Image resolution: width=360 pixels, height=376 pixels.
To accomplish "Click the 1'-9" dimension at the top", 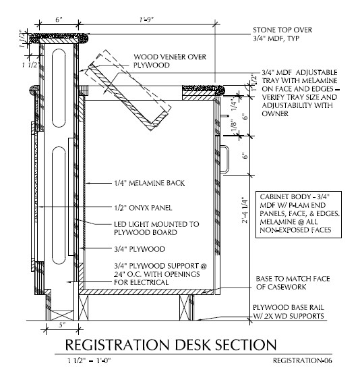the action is click(x=146, y=20).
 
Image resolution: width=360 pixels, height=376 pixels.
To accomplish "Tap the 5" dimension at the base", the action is click(x=62, y=325).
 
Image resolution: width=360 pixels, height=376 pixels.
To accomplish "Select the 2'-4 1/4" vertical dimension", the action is click(x=245, y=211).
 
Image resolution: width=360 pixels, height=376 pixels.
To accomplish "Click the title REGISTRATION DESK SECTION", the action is click(x=171, y=345).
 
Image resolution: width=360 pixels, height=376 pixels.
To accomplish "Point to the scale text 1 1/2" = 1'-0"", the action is click(x=89, y=360).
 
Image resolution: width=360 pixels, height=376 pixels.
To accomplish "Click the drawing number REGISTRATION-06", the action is click(x=303, y=360).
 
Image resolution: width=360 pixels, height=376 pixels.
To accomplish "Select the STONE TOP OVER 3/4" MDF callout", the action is click(x=282, y=34).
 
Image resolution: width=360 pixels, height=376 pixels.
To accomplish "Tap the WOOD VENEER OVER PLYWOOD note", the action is click(x=170, y=61).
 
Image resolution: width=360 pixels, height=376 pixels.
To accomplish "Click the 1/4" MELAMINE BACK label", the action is click(x=150, y=183).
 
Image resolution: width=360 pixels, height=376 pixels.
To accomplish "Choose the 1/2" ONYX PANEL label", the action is click(x=143, y=208).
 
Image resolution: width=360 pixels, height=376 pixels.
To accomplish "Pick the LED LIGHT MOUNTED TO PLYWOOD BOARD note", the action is click(x=156, y=228).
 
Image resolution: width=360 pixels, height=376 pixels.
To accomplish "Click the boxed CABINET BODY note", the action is click(x=299, y=215).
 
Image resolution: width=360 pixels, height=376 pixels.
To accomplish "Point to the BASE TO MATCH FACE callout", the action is click(x=293, y=283).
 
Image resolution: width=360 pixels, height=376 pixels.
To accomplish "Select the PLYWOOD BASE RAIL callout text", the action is click(x=289, y=311).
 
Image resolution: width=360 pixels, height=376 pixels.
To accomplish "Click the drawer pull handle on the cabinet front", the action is click(x=225, y=159).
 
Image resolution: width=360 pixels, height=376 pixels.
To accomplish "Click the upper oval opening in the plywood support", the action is click(x=59, y=88).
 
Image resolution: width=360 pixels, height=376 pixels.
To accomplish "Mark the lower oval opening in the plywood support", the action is click(x=59, y=205).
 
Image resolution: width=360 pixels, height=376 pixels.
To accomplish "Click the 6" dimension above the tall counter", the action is click(x=59, y=20).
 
